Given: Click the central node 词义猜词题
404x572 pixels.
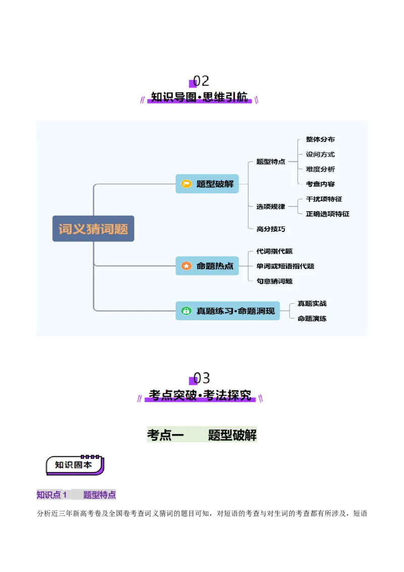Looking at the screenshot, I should [x=93, y=229].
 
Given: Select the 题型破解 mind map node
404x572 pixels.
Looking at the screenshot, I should [x=207, y=184].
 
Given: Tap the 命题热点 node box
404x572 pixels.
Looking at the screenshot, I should [x=207, y=266].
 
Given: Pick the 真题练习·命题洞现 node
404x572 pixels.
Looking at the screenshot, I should [x=227, y=311].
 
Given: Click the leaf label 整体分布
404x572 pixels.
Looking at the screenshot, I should [x=320, y=139].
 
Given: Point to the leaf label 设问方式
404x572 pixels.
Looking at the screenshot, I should [x=320, y=154].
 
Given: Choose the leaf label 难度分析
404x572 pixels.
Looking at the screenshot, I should [x=320, y=169].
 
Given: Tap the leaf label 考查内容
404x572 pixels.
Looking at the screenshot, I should [x=320, y=184].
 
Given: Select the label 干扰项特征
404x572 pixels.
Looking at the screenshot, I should [x=324, y=199].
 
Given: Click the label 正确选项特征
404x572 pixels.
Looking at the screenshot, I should [x=328, y=214].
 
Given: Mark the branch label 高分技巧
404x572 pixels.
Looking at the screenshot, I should [x=271, y=229].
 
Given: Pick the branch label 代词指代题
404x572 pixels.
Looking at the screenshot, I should [x=274, y=251].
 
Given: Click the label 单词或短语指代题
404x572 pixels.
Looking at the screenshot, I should [x=285, y=266].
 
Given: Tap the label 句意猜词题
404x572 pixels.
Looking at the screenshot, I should [x=274, y=281].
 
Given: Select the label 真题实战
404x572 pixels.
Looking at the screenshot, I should [x=312, y=303].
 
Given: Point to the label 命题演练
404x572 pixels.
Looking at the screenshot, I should [x=312, y=318].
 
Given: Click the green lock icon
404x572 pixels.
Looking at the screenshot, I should [x=186, y=311].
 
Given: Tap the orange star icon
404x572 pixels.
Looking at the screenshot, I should [x=186, y=266].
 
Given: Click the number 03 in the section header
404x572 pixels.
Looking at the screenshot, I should [x=202, y=378].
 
